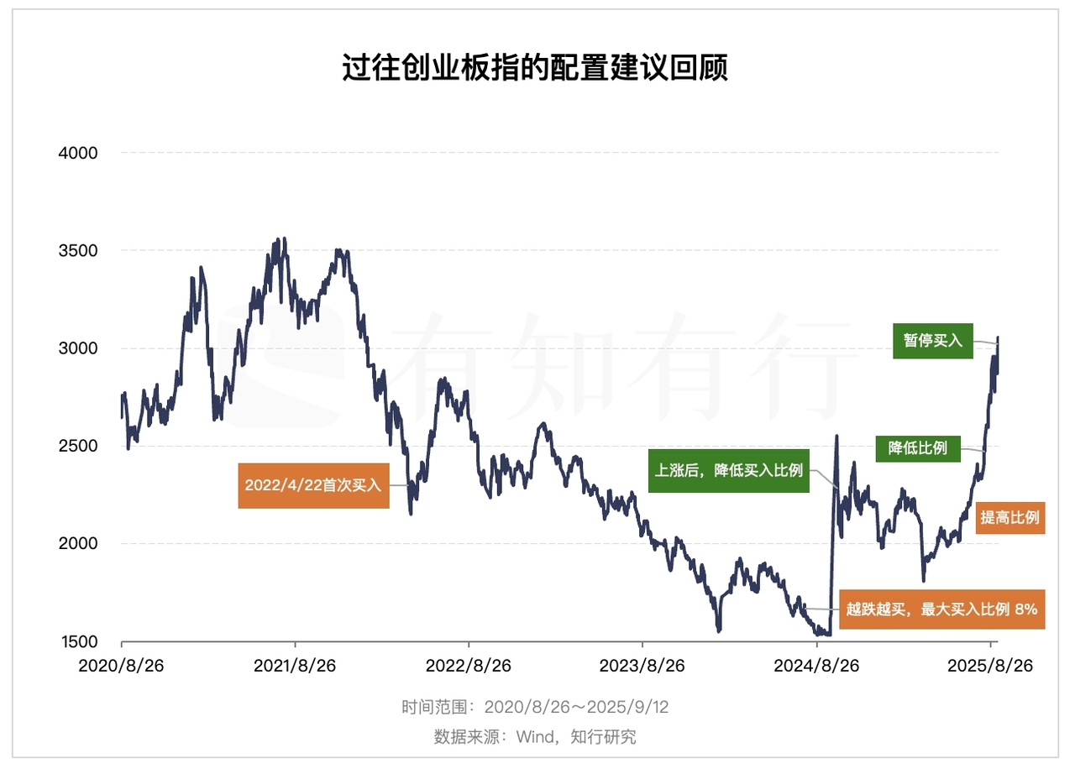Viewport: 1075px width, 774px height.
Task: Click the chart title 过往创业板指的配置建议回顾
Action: (534, 67)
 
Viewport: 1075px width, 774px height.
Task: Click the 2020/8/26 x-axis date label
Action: (122, 666)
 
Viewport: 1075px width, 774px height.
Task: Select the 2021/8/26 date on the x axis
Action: (295, 666)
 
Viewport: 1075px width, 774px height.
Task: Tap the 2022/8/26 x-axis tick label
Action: (469, 666)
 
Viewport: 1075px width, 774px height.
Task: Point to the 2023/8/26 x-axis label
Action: (642, 666)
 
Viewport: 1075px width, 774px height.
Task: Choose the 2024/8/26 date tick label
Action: (816, 666)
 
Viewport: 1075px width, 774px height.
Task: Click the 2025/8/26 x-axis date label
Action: (989, 666)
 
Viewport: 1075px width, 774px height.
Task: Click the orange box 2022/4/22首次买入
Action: (313, 485)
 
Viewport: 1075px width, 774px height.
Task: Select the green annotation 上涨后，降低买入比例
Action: (729, 471)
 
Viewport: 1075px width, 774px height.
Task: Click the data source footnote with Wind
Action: (534, 737)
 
